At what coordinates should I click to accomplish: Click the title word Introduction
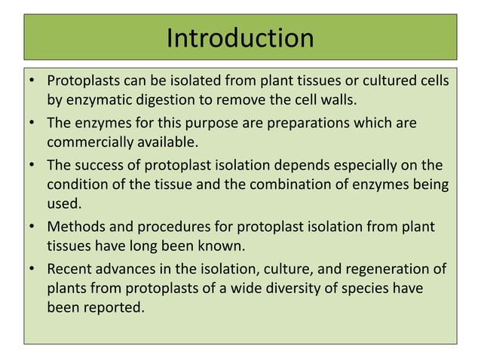tap(240, 38)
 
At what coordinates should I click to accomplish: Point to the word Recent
tap(69, 270)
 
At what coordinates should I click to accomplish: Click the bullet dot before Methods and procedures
tap(32, 227)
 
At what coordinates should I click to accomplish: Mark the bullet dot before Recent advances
tap(32, 270)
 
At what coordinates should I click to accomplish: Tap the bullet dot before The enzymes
tap(32, 122)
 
